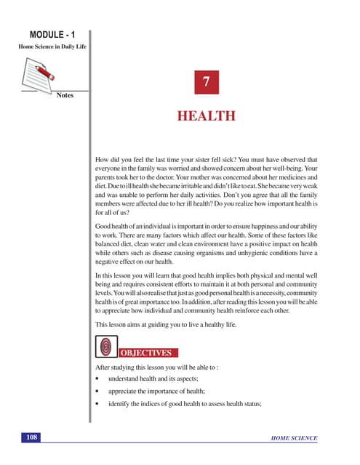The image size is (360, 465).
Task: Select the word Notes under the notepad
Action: coord(65,95)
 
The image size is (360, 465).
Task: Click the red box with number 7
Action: coord(206,84)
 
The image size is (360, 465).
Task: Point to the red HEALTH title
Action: coord(207,116)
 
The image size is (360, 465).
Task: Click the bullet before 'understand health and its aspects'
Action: coord(97,379)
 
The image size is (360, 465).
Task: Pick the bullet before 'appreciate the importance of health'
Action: coord(97,392)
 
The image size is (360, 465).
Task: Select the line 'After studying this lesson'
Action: coord(156,368)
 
